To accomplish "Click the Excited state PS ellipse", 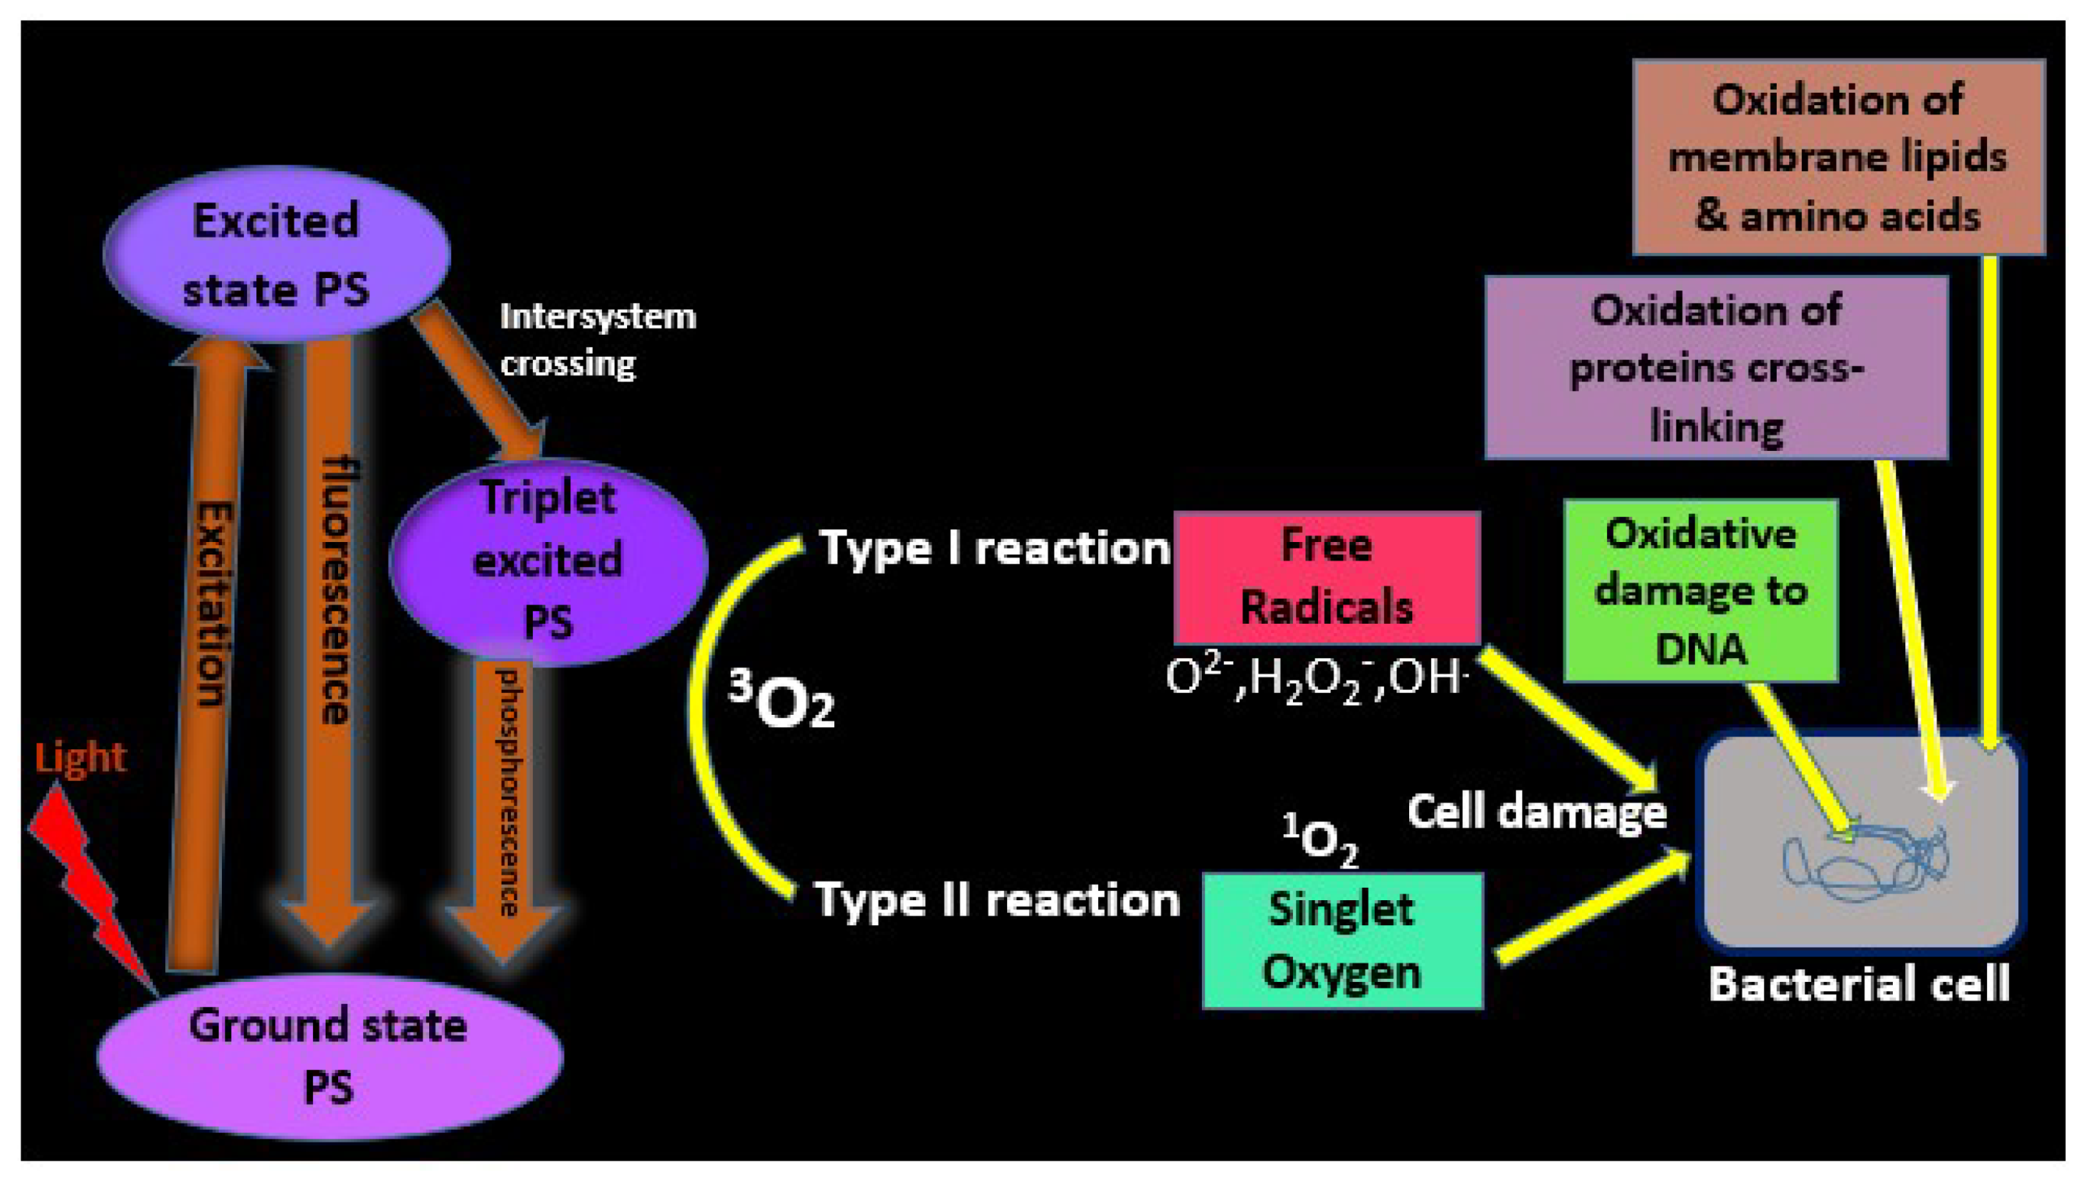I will [x=276, y=254].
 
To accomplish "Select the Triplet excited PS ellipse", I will [x=548, y=561].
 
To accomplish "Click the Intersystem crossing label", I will [x=597, y=340].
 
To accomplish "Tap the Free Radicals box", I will [x=1326, y=578].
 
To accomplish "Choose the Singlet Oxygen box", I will [x=1341, y=941].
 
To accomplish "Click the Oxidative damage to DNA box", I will [x=1700, y=590].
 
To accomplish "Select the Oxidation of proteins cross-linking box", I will [x=1716, y=368].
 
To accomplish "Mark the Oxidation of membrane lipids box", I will [x=1837, y=157].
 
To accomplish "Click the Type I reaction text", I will [x=994, y=547].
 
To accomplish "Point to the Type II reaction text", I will [x=996, y=899].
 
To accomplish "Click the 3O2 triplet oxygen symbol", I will [x=783, y=701].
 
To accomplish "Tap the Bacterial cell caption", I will [x=1859, y=984].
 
